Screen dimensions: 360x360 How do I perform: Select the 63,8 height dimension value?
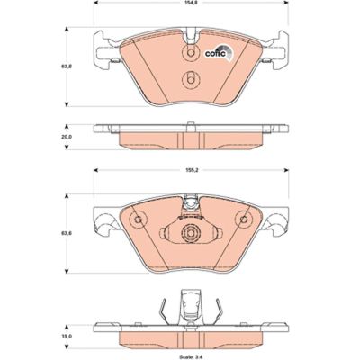pyautogui.click(x=64, y=66)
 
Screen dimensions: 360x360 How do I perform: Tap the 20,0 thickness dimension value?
pyautogui.click(x=64, y=136)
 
